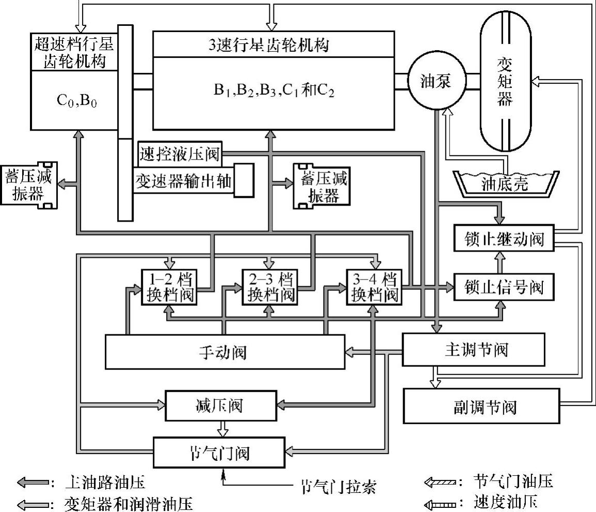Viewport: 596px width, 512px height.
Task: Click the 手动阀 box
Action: (224, 352)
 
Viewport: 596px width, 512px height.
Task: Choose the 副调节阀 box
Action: (480, 406)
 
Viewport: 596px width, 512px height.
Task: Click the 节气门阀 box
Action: (219, 453)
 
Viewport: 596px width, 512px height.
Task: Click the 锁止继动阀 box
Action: (503, 239)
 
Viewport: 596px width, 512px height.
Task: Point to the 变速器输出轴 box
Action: (185, 180)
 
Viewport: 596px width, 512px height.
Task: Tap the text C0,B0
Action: (76, 100)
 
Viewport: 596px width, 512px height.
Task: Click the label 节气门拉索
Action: (338, 486)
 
